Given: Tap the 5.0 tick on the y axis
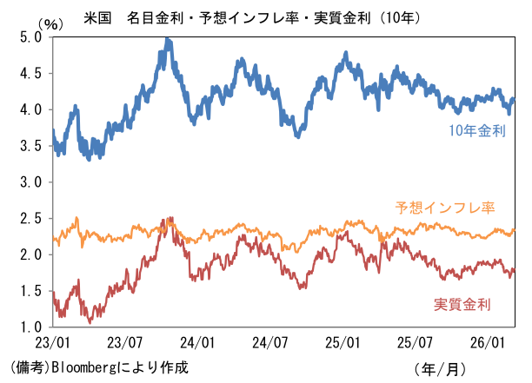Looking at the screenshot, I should pyautogui.click(x=30, y=37).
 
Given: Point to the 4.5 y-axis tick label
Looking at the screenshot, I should pyautogui.click(x=30, y=74).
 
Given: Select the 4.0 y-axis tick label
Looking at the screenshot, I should pyautogui.click(x=30, y=109).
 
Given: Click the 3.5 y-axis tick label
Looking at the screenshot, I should pyautogui.click(x=30, y=146).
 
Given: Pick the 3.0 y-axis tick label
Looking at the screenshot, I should pyautogui.click(x=30, y=182).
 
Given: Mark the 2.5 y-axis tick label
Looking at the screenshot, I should pyautogui.click(x=30, y=219).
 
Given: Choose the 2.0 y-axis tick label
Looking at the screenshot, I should pyautogui.click(x=30, y=254).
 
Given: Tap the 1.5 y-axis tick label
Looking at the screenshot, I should pyautogui.click(x=30, y=291).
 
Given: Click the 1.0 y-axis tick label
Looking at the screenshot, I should pyautogui.click(x=30, y=327).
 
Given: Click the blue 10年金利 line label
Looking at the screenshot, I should pyautogui.click(x=477, y=131).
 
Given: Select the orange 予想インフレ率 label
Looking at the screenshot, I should pyautogui.click(x=444, y=208).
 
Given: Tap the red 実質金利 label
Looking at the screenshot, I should pyautogui.click(x=462, y=304).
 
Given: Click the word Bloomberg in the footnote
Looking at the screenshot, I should pyautogui.click(x=89, y=366).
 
